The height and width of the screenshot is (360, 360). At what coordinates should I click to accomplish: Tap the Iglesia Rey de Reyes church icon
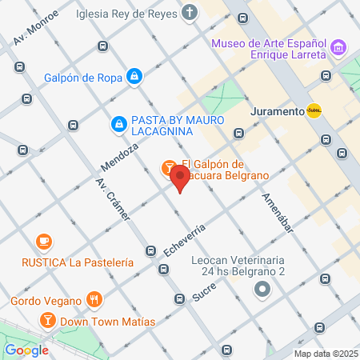[x=189, y=13]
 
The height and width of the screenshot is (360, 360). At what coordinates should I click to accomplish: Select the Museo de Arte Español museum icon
[x=338, y=49]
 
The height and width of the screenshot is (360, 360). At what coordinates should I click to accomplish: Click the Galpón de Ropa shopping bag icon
[x=135, y=76]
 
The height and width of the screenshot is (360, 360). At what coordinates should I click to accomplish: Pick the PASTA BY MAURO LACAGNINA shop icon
[x=118, y=123]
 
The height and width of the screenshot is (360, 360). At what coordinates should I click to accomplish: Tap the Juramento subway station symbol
[x=314, y=111]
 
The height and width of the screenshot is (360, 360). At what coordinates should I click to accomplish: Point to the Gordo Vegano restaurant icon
[x=95, y=301]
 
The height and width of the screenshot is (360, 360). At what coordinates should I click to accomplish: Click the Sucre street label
[x=205, y=290]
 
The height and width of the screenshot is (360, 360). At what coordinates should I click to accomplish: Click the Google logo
[x=26, y=350]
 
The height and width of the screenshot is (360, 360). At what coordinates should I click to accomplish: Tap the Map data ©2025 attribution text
[x=326, y=354]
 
